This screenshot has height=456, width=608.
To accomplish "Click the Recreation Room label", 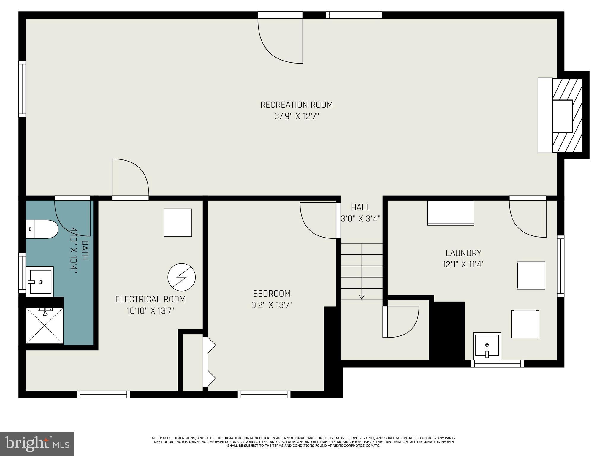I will (x=296, y=105).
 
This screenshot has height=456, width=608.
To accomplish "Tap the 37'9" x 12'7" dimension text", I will (x=296, y=116).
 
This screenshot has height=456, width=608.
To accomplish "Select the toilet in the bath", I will (x=42, y=229).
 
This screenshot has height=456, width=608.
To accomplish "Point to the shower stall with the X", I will (x=45, y=326).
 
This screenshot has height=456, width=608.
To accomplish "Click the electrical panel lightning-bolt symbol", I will (x=181, y=277).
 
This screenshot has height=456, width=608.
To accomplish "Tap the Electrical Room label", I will (x=151, y=299).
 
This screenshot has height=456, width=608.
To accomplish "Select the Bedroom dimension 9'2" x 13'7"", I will (x=272, y=305).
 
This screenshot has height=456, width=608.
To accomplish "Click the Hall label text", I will (x=360, y=207).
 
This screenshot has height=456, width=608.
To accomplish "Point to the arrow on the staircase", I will (x=361, y=297).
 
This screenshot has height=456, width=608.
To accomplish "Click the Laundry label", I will (x=463, y=253).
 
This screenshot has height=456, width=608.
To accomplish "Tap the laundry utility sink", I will (x=487, y=346).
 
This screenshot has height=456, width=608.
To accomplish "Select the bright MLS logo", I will (x=37, y=444).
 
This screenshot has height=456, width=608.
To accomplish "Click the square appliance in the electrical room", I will (x=178, y=223).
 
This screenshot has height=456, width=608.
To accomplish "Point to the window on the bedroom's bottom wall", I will (x=264, y=394).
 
